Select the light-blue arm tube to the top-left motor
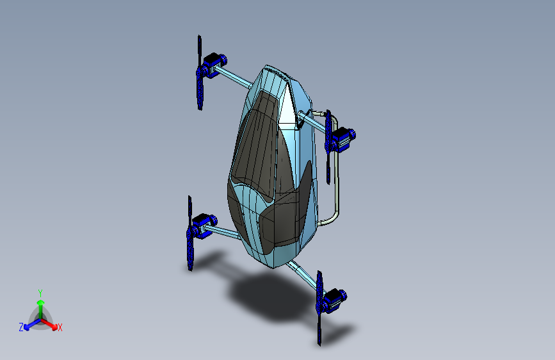[x=237, y=78]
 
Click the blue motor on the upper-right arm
[x=341, y=137]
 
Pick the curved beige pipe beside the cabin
[x=337, y=192]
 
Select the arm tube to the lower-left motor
[x=222, y=231]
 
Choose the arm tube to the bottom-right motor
[x=304, y=274]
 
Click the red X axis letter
[x=60, y=328]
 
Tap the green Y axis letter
[x=40, y=292]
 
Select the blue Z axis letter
[x=21, y=327]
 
